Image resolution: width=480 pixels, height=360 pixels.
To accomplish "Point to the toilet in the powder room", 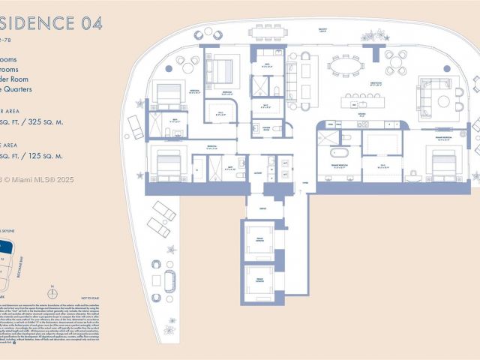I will tap(276, 129).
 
